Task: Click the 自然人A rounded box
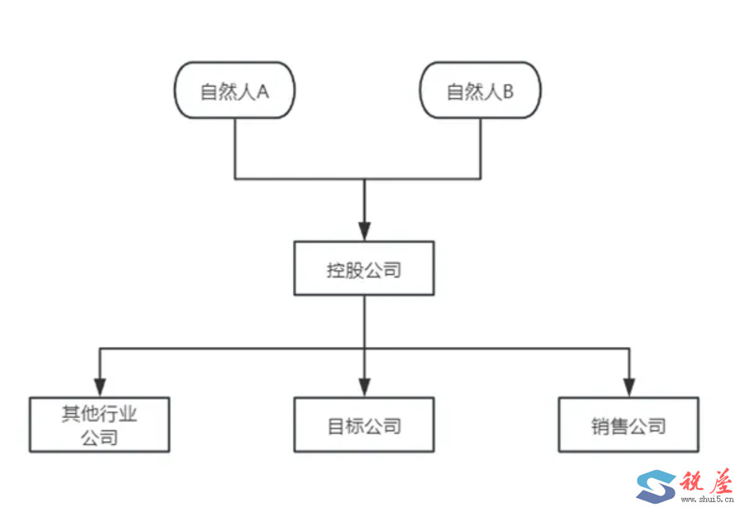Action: pos(235,90)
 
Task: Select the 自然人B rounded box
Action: pos(480,90)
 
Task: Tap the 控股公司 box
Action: pos(364,268)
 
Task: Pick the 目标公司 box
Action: pos(364,425)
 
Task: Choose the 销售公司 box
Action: pos(628,425)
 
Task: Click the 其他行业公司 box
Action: pos(99,425)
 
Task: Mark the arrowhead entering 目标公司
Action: pos(364,387)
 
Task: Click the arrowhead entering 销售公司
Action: pos(628,387)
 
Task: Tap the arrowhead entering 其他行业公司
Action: pos(100,387)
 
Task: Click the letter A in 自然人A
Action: pos(263,91)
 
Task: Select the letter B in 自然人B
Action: pos(508,91)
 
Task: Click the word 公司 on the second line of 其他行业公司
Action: pos(99,437)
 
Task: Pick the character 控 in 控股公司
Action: pos(336,269)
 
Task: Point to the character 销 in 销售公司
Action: pos(600,426)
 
